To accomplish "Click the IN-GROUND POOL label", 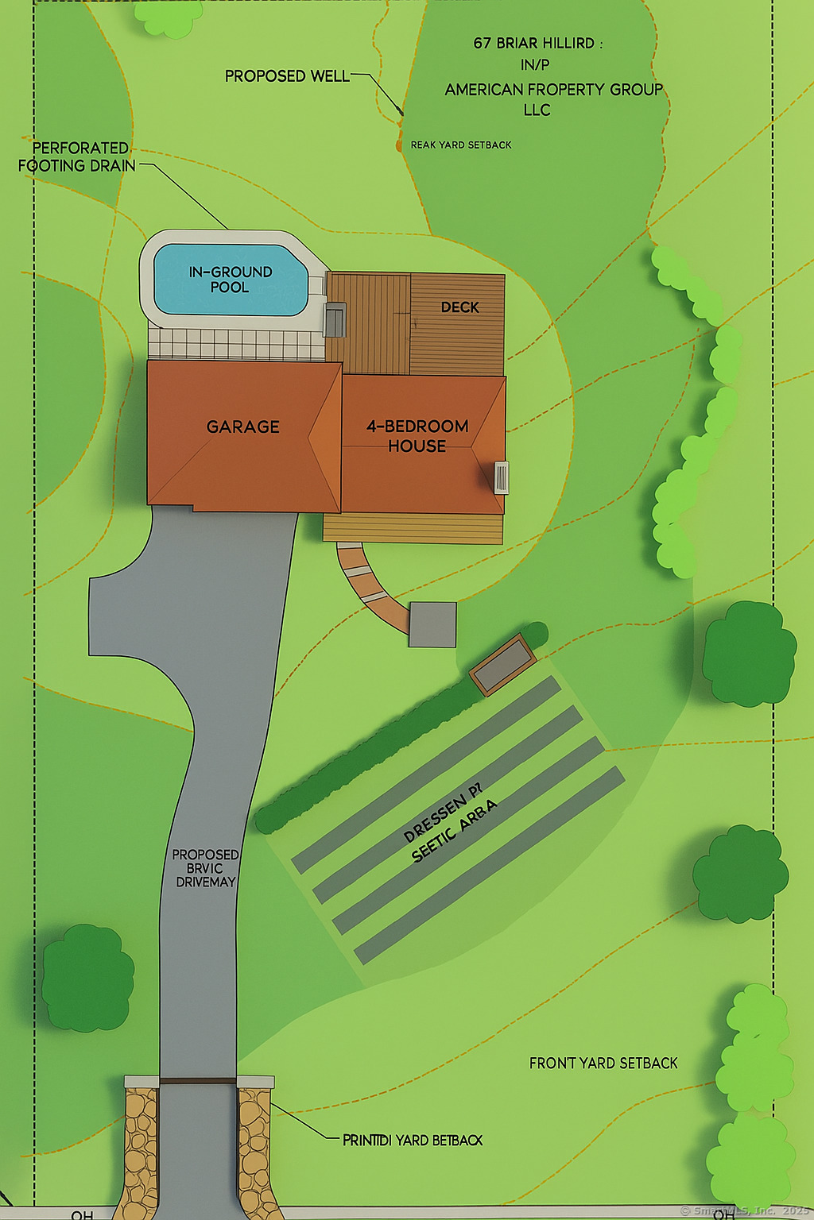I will coord(231,280).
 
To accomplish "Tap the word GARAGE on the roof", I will coord(242,427).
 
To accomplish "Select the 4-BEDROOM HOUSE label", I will coord(417,436).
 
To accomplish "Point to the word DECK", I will coord(459,307).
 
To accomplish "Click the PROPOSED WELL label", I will coord(287,76).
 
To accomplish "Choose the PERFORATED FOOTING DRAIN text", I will coord(77,157).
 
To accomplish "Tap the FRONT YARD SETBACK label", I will coord(603,1064).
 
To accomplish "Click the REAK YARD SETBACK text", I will coord(461,145).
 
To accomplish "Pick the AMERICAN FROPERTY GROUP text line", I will coord(553,90).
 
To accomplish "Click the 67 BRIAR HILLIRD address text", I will coord(537,44).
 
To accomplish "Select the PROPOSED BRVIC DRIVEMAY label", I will coord(205,868).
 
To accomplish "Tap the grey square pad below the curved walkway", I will coord(432,624).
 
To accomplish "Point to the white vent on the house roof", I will coord(501,477).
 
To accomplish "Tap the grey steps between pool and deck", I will coord(335,319).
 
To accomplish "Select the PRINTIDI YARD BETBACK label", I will coord(412,1141).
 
